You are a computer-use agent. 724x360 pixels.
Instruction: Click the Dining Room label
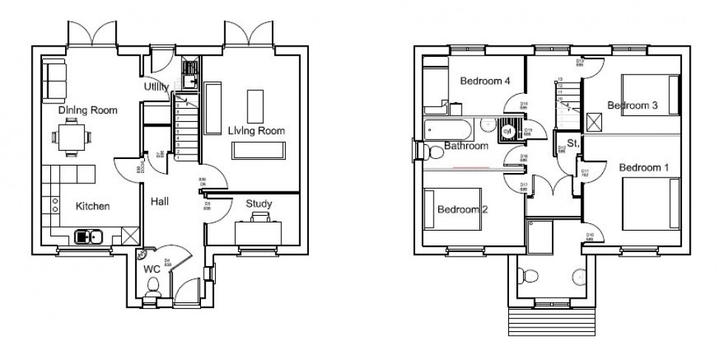(x=88, y=110)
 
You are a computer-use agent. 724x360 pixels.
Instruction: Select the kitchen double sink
(x=89, y=237)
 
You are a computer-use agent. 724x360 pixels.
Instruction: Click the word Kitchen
(x=93, y=206)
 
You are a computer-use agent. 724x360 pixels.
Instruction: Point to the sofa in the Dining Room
(x=53, y=80)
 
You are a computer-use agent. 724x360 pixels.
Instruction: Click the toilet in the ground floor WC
(x=152, y=296)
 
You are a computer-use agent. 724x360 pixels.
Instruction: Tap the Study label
(x=259, y=204)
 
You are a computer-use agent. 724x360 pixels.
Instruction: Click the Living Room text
(x=256, y=131)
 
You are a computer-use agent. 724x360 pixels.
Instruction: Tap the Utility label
(x=161, y=87)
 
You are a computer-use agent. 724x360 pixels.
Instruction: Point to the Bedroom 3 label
(x=632, y=106)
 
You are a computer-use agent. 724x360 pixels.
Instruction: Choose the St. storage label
(x=573, y=143)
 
